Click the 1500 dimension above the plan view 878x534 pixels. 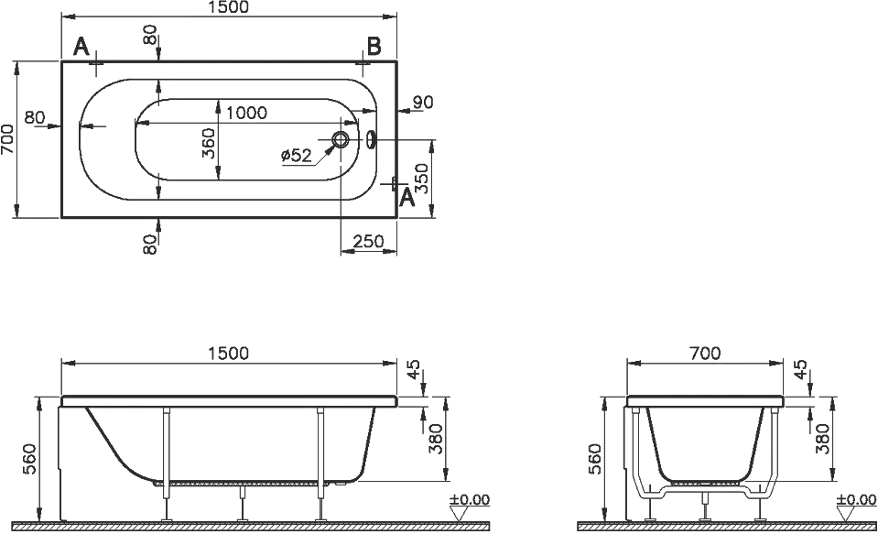pos(229,6)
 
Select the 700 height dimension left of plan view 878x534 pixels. pos(8,139)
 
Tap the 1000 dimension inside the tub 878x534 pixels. pos(247,113)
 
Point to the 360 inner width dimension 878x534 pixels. pos(209,144)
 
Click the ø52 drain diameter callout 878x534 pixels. pos(297,155)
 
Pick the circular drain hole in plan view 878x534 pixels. pos(341,139)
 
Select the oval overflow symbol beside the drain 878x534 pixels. pos(371,139)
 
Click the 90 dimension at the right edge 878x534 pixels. pos(423,103)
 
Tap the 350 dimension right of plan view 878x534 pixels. pos(424,179)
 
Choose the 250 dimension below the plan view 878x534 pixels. pos(368,242)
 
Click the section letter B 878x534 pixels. pos(374,46)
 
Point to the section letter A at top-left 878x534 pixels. pos(81,47)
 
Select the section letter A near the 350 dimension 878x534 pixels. pos(406,197)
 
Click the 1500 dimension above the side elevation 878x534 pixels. pos(228,354)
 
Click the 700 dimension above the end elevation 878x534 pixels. pos(705,354)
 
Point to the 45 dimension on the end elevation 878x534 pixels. pos(801,370)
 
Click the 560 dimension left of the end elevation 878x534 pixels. pos(596,459)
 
